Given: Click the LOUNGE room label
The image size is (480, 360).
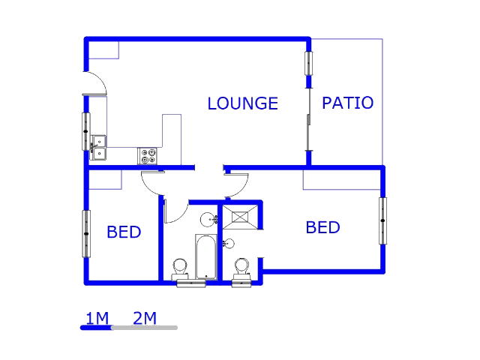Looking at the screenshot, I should (242, 103).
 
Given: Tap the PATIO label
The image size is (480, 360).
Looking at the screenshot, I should (347, 103).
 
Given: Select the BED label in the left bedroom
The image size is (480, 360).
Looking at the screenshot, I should (124, 232).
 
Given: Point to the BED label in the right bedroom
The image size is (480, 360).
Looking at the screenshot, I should (322, 227).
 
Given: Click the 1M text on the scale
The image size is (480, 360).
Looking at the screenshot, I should (97, 318).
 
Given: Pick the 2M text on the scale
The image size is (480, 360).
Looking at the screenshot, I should (145, 318).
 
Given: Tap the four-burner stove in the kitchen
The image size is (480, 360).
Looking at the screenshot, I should (147, 155).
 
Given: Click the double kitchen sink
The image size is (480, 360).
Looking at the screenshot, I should (98, 147).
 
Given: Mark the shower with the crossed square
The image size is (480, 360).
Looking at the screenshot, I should (240, 217).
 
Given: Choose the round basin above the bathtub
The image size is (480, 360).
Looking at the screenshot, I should (208, 219).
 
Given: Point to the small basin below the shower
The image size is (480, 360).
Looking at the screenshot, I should (229, 243).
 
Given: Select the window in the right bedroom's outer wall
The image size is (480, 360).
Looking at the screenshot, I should (382, 220).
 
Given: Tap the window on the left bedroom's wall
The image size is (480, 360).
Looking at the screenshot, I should (86, 233).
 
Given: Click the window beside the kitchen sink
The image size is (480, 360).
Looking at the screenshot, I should (85, 131).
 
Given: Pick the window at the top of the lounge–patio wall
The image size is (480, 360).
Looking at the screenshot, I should (308, 63).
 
